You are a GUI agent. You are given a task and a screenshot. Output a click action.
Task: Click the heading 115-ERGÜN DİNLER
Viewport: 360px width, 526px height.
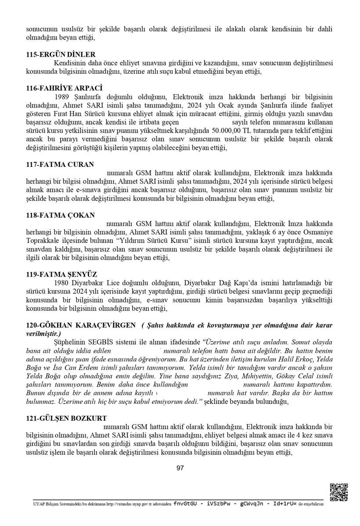click(x=61, y=54)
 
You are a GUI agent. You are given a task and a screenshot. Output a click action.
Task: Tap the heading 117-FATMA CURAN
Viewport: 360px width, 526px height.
click(x=60, y=165)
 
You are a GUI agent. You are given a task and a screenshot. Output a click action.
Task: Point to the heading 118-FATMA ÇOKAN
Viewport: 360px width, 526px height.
click(x=60, y=215)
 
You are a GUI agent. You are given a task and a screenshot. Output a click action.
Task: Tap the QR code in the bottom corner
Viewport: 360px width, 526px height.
click(x=338, y=492)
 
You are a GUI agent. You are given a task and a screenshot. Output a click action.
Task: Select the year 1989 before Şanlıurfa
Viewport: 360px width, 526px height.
click(x=62, y=97)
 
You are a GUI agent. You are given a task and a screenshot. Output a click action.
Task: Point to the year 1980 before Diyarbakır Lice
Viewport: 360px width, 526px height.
click(x=62, y=283)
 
